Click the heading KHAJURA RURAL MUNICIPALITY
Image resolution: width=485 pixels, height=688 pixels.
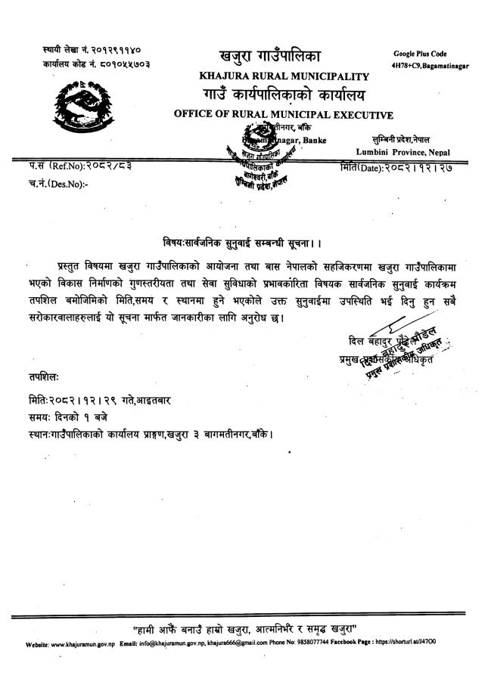(284, 76)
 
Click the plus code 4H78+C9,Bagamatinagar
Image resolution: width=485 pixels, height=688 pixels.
(430, 67)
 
